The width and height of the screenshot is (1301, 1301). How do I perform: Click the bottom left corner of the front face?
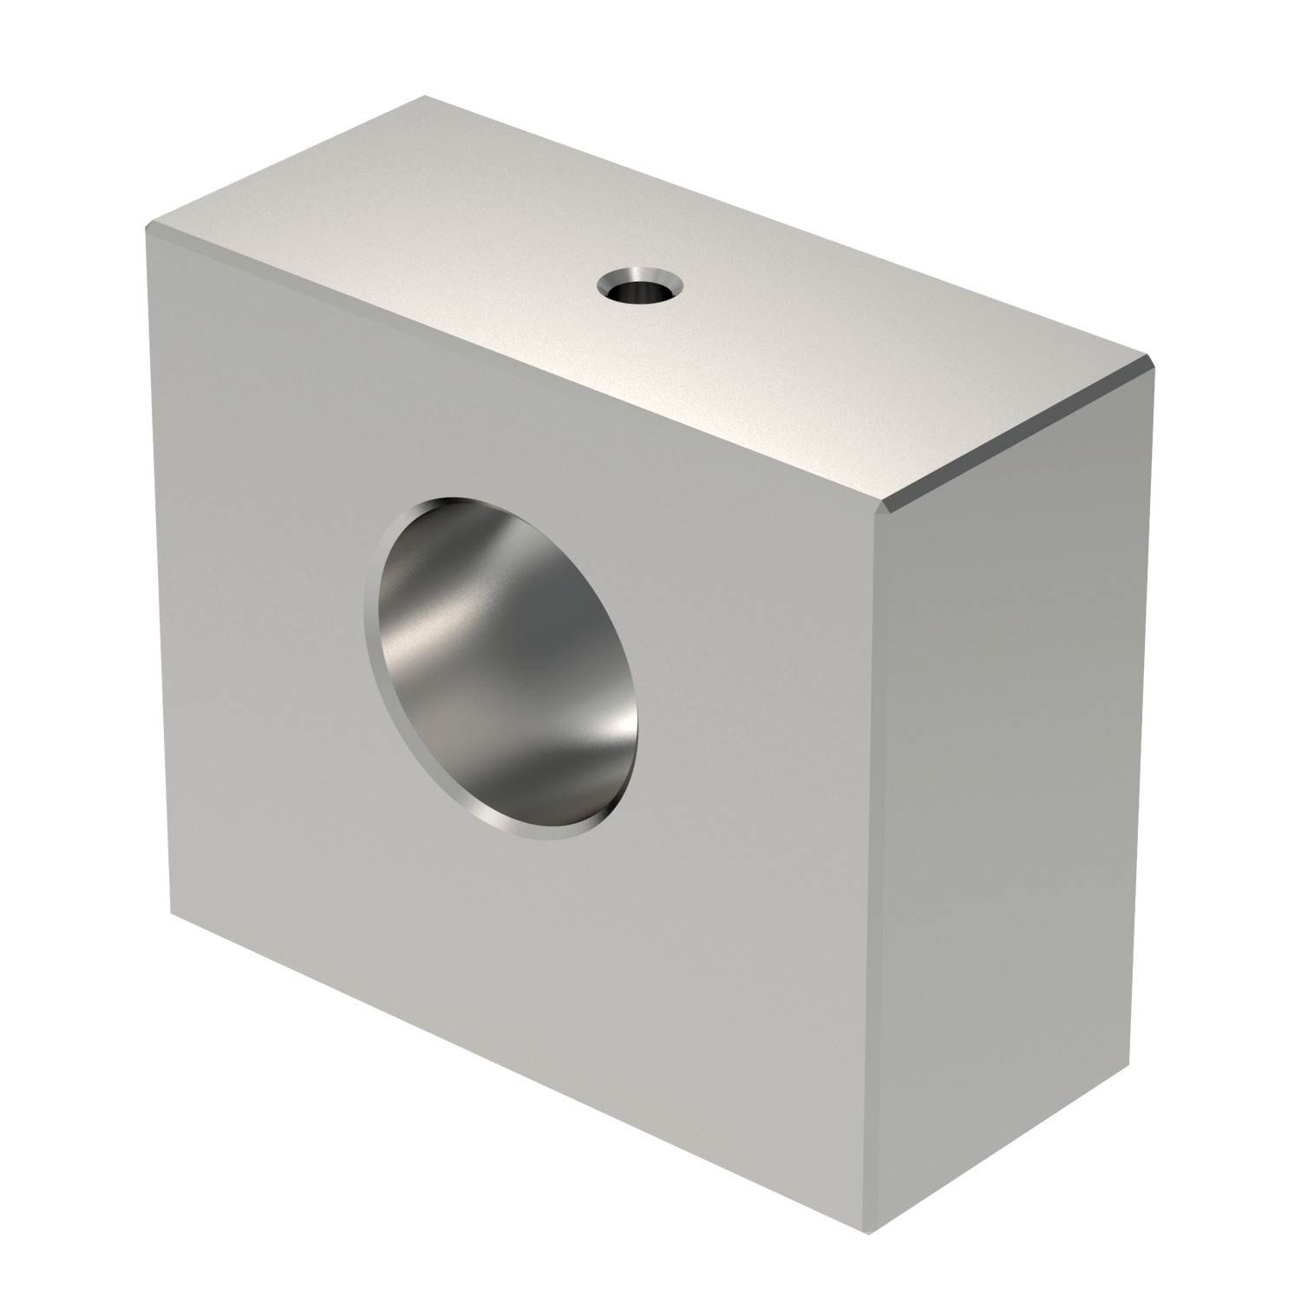point(172,912)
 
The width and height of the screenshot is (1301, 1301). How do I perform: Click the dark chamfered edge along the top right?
point(1023,434)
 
